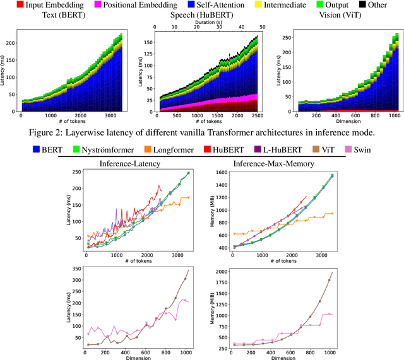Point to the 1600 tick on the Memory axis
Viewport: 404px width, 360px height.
[x=221, y=172]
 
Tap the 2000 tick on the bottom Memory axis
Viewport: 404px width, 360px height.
[x=221, y=270]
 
